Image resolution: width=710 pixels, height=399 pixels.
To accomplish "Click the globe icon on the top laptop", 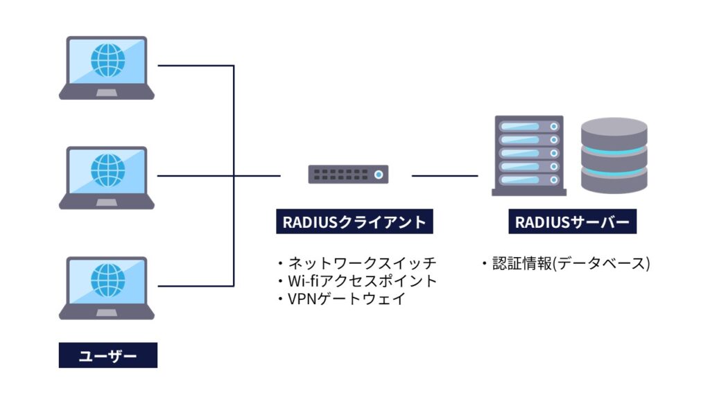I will pyautogui.click(x=108, y=61).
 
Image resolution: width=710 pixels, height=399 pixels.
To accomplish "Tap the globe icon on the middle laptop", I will pyautogui.click(x=108, y=170).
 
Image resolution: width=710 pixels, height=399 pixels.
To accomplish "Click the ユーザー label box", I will pyautogui.click(x=107, y=357).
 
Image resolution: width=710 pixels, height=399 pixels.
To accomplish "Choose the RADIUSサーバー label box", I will pyautogui.click(x=571, y=222).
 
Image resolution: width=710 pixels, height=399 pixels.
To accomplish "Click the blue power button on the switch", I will pyautogui.click(x=378, y=175).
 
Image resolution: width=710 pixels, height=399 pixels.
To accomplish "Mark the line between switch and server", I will pyautogui.click(x=444, y=176).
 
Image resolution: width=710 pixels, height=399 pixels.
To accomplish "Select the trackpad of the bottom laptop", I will pyautogui.click(x=106, y=312).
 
